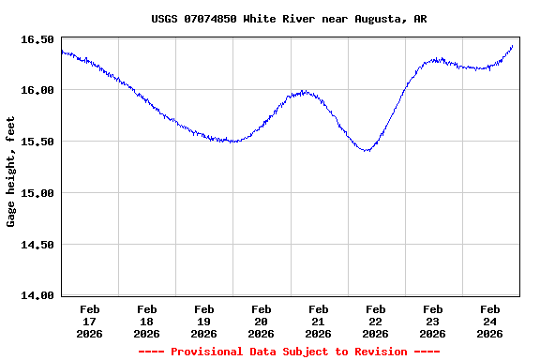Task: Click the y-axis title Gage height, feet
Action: click(11, 172)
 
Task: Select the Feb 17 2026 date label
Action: click(90, 321)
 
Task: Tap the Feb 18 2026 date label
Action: click(147, 321)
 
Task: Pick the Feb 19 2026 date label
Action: click(204, 321)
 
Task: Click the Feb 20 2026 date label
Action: click(262, 321)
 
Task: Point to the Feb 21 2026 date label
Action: click(319, 321)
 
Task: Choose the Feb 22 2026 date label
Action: click(376, 321)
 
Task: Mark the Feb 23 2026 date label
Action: click(433, 321)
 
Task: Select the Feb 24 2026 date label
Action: click(490, 321)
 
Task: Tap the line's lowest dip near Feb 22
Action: click(367, 150)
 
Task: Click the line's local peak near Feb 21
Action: click(304, 91)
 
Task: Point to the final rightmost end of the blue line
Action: click(513, 45)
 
